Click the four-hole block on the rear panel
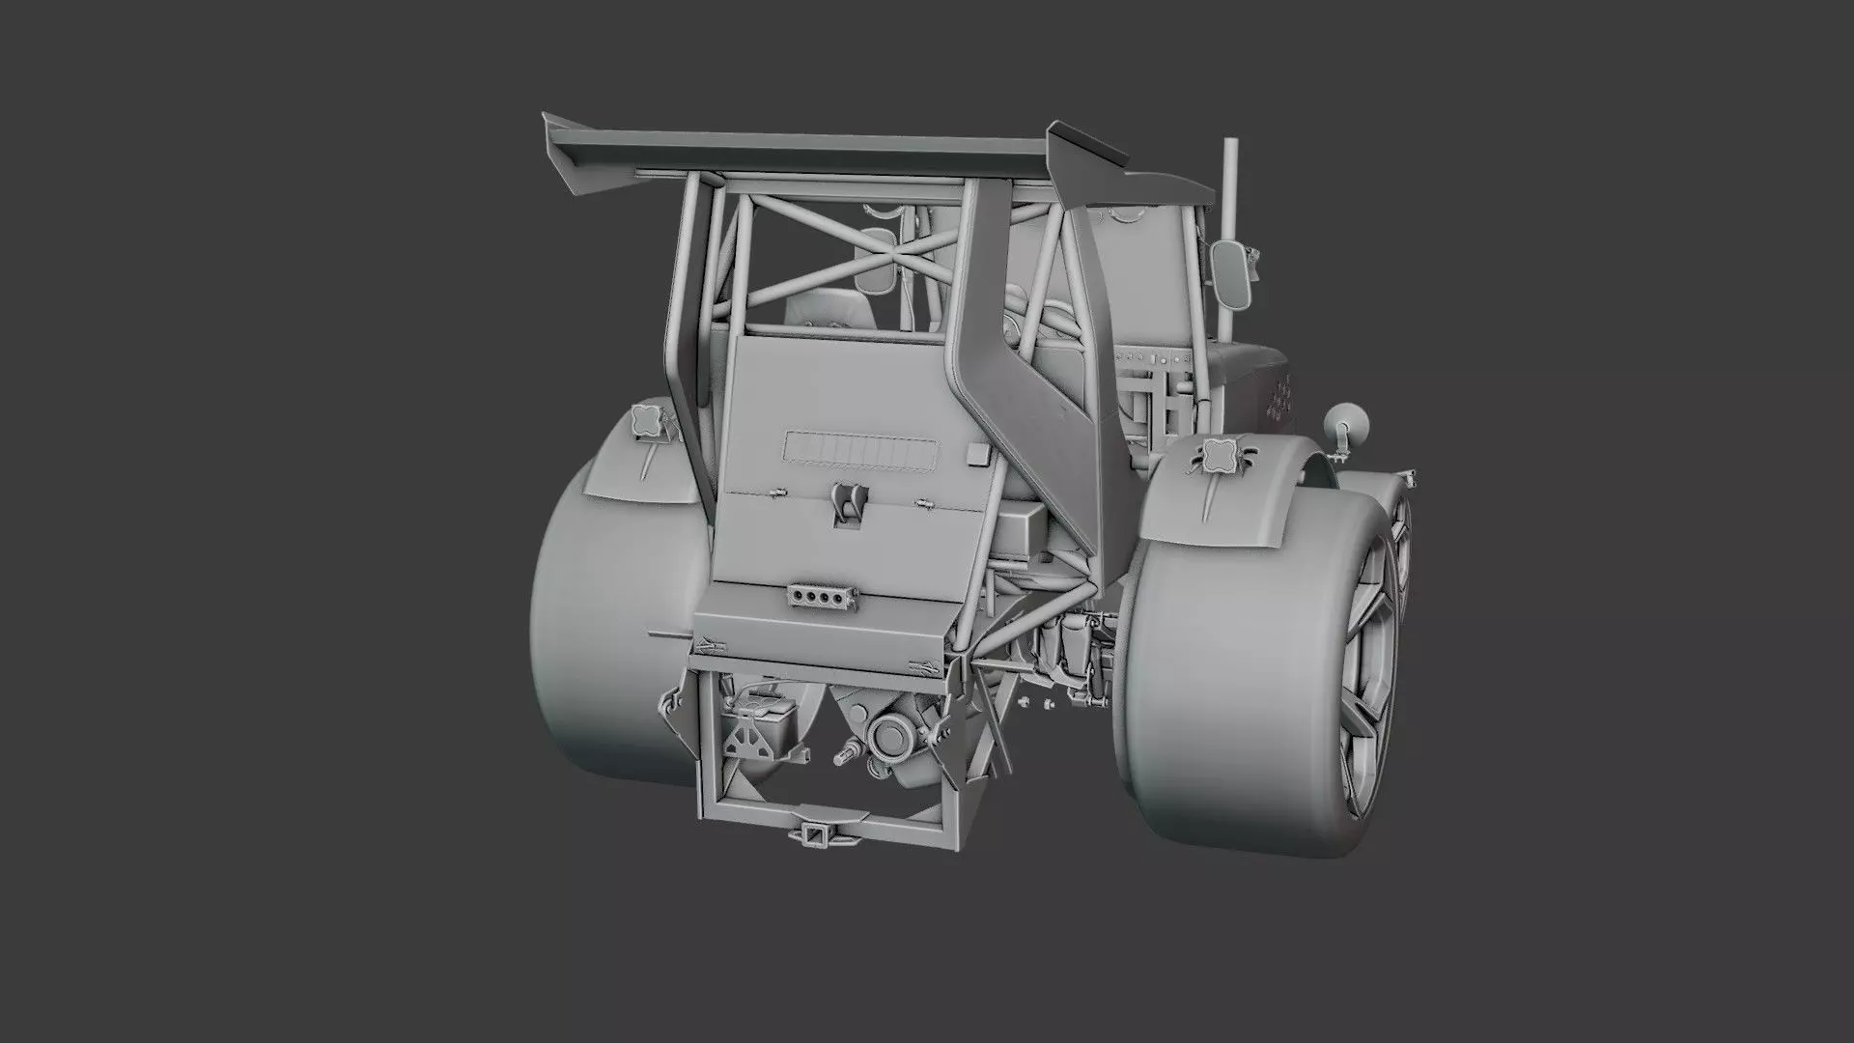click(x=822, y=598)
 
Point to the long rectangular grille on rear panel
click(x=860, y=449)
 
